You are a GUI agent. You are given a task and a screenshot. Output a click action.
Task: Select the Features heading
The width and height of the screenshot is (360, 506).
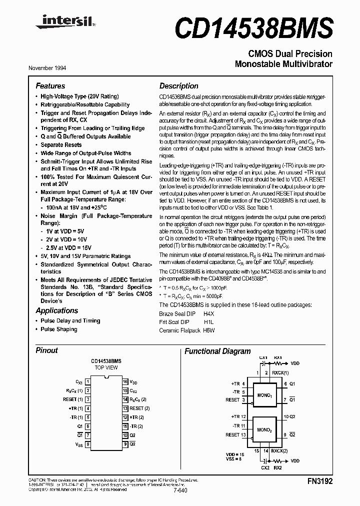(50, 86)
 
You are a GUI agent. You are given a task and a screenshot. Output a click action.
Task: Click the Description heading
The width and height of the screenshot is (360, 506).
(178, 86)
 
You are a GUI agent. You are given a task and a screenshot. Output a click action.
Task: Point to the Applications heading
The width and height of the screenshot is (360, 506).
(57, 310)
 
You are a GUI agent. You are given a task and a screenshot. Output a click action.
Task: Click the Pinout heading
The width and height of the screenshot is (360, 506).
(46, 350)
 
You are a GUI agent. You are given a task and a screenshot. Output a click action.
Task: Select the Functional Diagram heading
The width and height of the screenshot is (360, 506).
(217, 351)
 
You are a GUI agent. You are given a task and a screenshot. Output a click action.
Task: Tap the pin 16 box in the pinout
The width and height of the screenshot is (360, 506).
(125, 381)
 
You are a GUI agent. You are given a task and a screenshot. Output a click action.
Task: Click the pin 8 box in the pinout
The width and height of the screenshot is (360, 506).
(88, 444)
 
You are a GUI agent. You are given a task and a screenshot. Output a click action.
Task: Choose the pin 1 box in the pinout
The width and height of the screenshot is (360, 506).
(88, 381)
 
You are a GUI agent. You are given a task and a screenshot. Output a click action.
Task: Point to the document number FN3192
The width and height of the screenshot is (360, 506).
(320, 481)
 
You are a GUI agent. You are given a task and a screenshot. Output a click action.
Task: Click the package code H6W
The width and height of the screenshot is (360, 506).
(209, 330)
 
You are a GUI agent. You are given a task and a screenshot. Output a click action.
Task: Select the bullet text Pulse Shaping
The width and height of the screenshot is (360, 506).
(59, 329)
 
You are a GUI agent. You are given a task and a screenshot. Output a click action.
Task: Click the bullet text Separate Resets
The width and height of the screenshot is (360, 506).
(61, 145)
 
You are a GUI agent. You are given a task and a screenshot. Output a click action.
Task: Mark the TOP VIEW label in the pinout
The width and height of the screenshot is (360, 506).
(106, 367)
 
